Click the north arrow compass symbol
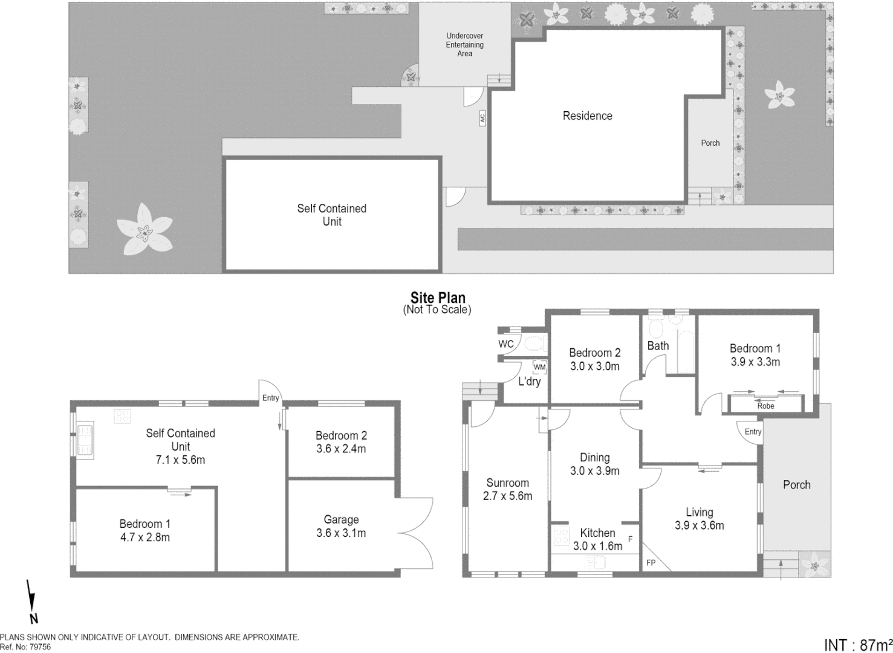[31, 602]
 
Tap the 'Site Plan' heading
[438, 298]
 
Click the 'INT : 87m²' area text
[858, 645]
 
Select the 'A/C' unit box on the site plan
[482, 118]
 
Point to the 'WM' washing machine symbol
[539, 367]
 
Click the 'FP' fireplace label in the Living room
[651, 563]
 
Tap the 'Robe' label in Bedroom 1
[765, 406]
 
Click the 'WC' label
[506, 344]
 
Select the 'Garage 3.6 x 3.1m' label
[341, 526]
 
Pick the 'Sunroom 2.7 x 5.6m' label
[507, 489]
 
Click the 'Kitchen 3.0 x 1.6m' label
[597, 539]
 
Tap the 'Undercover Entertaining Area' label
[464, 45]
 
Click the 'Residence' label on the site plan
[587, 116]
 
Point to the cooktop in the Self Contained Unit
[123, 416]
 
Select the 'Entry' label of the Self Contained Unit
[270, 398]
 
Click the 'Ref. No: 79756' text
[25, 647]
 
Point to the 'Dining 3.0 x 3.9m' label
[594, 464]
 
